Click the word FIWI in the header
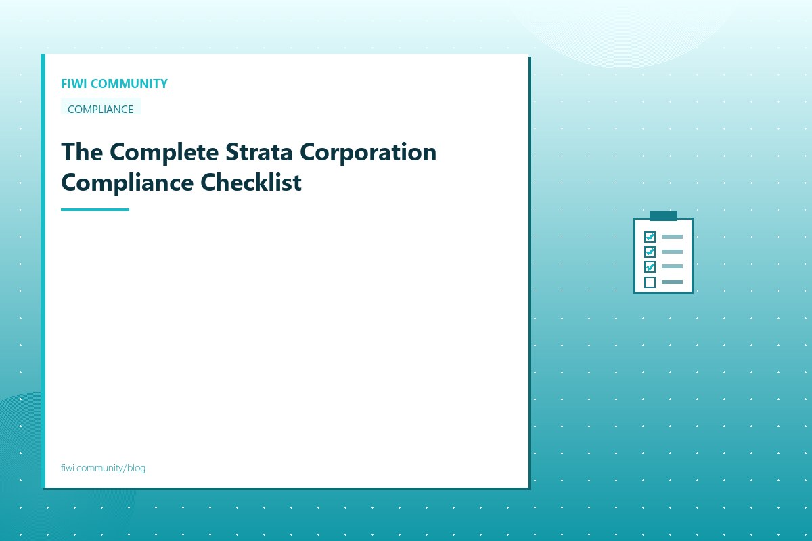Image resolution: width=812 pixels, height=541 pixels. click(x=74, y=84)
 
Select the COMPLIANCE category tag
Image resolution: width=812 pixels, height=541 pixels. click(x=100, y=109)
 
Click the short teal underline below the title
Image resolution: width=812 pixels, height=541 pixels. click(x=95, y=210)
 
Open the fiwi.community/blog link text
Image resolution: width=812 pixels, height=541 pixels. click(x=103, y=468)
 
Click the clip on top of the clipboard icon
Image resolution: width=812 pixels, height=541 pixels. click(x=663, y=216)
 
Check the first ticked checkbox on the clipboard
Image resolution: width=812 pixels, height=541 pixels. click(x=650, y=237)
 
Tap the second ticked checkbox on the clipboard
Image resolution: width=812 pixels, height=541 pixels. click(x=650, y=252)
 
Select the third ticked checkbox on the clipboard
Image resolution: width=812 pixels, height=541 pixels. click(x=650, y=266)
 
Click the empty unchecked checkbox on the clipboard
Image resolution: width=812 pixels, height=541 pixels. click(x=650, y=282)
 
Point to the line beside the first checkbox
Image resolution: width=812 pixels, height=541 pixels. click(x=672, y=237)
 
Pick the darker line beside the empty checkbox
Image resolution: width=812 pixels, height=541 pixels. click(x=672, y=282)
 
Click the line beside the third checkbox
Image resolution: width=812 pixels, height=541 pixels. click(x=672, y=266)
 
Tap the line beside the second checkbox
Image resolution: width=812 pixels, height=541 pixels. click(x=672, y=252)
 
